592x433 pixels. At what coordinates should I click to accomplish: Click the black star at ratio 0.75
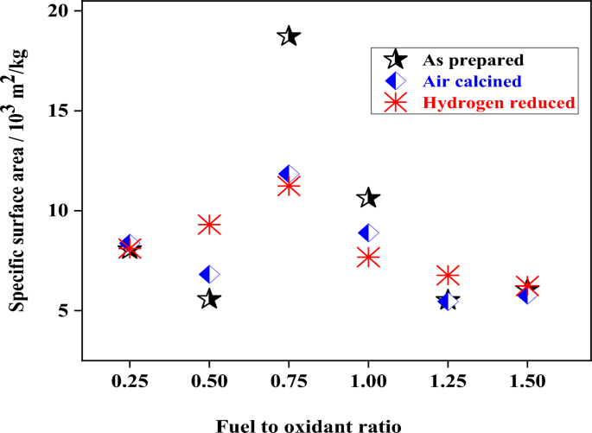tap(289, 36)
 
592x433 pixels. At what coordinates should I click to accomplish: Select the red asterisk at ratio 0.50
tap(209, 225)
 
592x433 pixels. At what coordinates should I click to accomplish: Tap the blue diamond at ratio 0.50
tap(209, 274)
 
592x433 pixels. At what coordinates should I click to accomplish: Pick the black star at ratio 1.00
tap(368, 198)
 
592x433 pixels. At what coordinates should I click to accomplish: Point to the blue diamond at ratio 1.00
tap(368, 232)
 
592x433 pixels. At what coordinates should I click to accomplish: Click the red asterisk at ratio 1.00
tap(368, 257)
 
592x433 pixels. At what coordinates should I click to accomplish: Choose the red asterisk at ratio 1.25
tap(448, 276)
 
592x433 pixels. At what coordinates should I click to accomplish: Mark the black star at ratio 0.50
tap(209, 299)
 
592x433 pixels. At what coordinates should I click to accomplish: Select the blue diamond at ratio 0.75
tap(289, 175)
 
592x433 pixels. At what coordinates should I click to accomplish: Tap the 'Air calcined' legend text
tap(472, 81)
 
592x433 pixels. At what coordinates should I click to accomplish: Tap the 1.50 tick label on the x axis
tap(527, 381)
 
